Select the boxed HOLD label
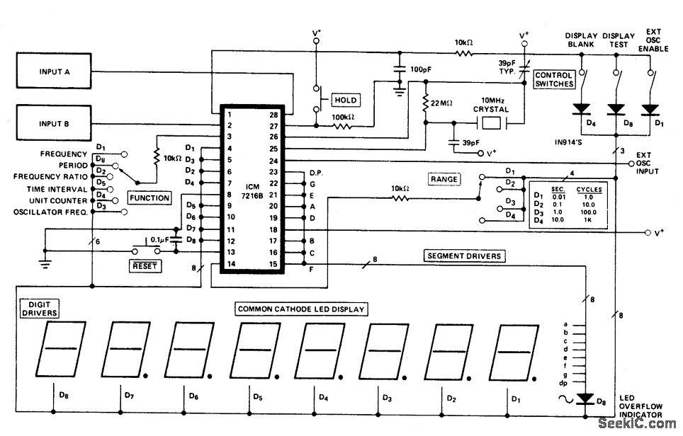[x=344, y=100]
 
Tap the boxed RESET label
[x=143, y=266]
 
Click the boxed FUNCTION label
[x=149, y=198]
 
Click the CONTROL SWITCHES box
[x=553, y=79]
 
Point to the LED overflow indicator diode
[x=585, y=398]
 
